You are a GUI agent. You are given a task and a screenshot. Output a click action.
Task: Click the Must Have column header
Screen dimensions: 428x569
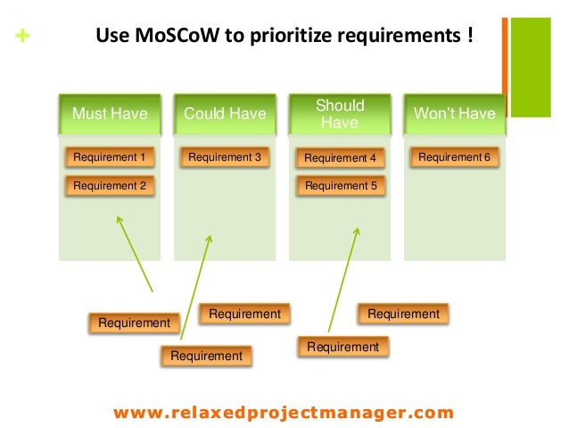(110, 113)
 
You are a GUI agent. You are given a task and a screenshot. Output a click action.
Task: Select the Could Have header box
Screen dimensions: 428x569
(225, 113)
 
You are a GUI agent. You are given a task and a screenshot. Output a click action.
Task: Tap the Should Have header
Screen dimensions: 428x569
(340, 113)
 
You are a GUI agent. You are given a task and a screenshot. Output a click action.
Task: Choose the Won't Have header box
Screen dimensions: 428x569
(454, 113)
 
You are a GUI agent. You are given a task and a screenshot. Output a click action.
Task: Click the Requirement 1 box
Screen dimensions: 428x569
(110, 158)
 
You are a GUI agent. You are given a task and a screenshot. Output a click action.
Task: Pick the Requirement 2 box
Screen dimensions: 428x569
(110, 186)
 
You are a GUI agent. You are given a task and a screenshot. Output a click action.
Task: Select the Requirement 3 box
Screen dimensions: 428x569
(225, 158)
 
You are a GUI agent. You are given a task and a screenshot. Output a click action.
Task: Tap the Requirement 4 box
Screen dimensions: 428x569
(340, 159)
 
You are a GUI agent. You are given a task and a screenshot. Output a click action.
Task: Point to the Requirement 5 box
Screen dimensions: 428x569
(340, 187)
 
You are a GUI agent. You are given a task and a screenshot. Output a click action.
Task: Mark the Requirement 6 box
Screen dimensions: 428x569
(454, 158)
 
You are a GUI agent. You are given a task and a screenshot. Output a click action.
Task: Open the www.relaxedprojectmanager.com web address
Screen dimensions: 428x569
(284, 413)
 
